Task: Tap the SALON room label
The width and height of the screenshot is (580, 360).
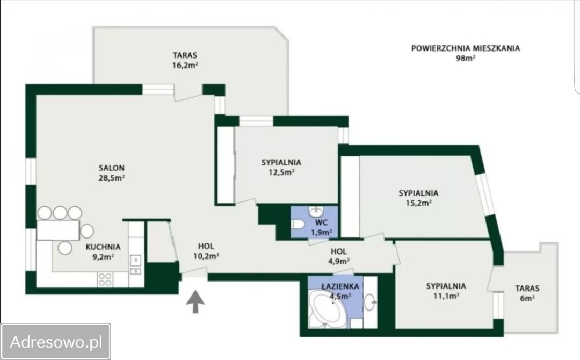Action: coord(111,168)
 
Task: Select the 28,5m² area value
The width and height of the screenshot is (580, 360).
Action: coord(111,178)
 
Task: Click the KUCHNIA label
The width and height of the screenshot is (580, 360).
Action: coord(103,247)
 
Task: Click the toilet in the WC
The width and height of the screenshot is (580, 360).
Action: coord(298,224)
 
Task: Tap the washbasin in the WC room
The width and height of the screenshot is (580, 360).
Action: coord(316,212)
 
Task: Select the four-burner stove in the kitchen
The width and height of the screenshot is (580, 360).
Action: coord(105,279)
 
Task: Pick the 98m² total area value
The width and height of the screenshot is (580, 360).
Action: coord(465,57)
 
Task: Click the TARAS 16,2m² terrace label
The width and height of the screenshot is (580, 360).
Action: coord(185,60)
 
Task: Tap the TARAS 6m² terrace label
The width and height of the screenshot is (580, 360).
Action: coord(527,293)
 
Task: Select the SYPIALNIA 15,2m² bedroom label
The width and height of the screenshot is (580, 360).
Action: coord(418,198)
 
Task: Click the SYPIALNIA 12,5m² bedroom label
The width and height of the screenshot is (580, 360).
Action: coord(281,167)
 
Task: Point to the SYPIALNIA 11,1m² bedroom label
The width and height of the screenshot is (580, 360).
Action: coord(446,291)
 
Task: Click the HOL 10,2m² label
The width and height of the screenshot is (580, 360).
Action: coord(206,251)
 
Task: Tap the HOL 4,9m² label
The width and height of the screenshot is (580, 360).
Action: coord(339,256)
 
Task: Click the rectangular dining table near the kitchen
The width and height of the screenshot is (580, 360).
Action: coord(58,230)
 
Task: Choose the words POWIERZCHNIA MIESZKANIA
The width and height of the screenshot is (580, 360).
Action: coord(465,48)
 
